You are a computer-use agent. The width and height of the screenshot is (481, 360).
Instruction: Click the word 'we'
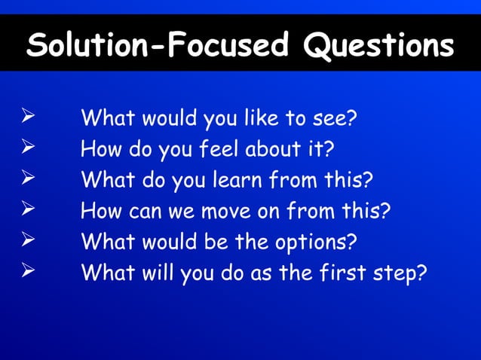click(183, 212)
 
